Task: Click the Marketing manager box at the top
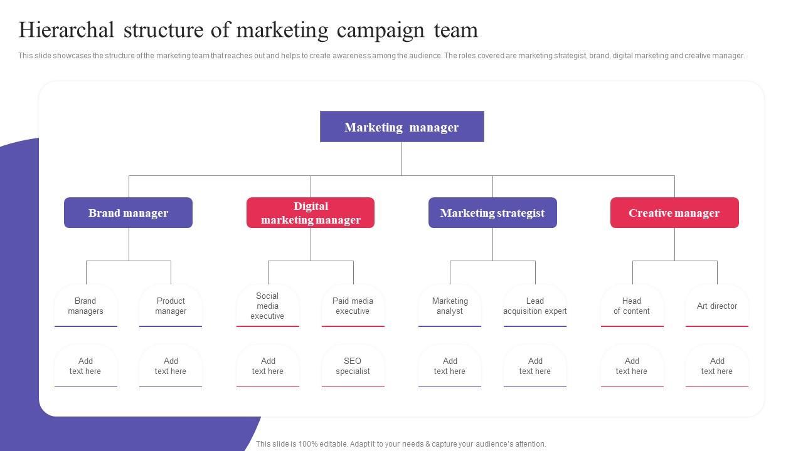click(401, 127)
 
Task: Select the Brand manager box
click(128, 213)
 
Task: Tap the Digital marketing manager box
click(311, 213)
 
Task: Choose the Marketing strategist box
click(492, 213)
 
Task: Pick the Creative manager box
click(674, 213)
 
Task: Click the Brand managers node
click(86, 306)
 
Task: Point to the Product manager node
click(171, 306)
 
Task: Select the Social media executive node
click(268, 306)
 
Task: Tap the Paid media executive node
click(353, 306)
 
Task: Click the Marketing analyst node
click(450, 306)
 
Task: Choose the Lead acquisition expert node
click(535, 306)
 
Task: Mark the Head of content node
click(632, 306)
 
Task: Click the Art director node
click(717, 306)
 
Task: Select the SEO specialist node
click(353, 366)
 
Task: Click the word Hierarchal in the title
click(66, 30)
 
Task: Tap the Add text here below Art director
click(717, 366)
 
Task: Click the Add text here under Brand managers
click(86, 366)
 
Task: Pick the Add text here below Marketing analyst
click(450, 366)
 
